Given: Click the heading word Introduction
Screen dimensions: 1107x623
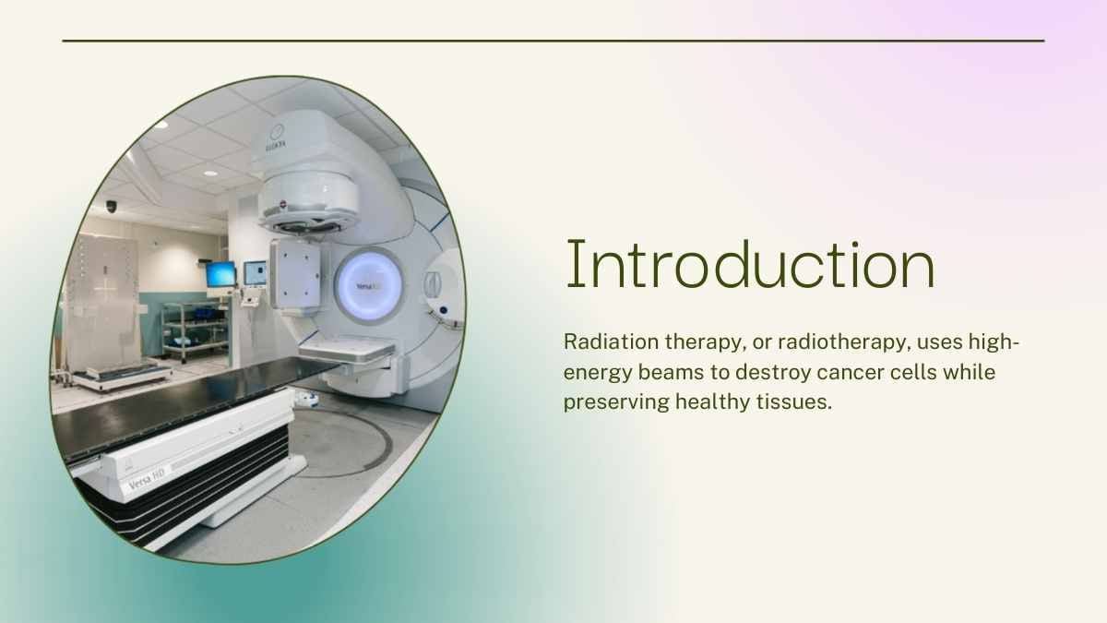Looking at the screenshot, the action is pyautogui.click(x=750, y=264).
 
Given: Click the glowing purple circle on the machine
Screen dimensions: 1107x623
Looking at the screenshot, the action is pyautogui.click(x=369, y=286).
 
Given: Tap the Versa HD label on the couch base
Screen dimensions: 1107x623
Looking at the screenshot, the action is pyautogui.click(x=147, y=479).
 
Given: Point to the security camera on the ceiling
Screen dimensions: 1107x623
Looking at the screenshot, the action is pyautogui.click(x=111, y=206).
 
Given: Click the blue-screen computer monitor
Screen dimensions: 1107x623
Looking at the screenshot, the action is pyautogui.click(x=220, y=274).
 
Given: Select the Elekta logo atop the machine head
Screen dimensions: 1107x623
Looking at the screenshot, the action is pyautogui.click(x=277, y=138).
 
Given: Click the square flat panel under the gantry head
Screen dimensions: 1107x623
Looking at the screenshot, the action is pyautogui.click(x=295, y=274).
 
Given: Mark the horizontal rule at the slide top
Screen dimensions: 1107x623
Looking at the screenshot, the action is pyautogui.click(x=553, y=41).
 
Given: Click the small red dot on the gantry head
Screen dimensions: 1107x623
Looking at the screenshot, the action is pyautogui.click(x=283, y=203).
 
